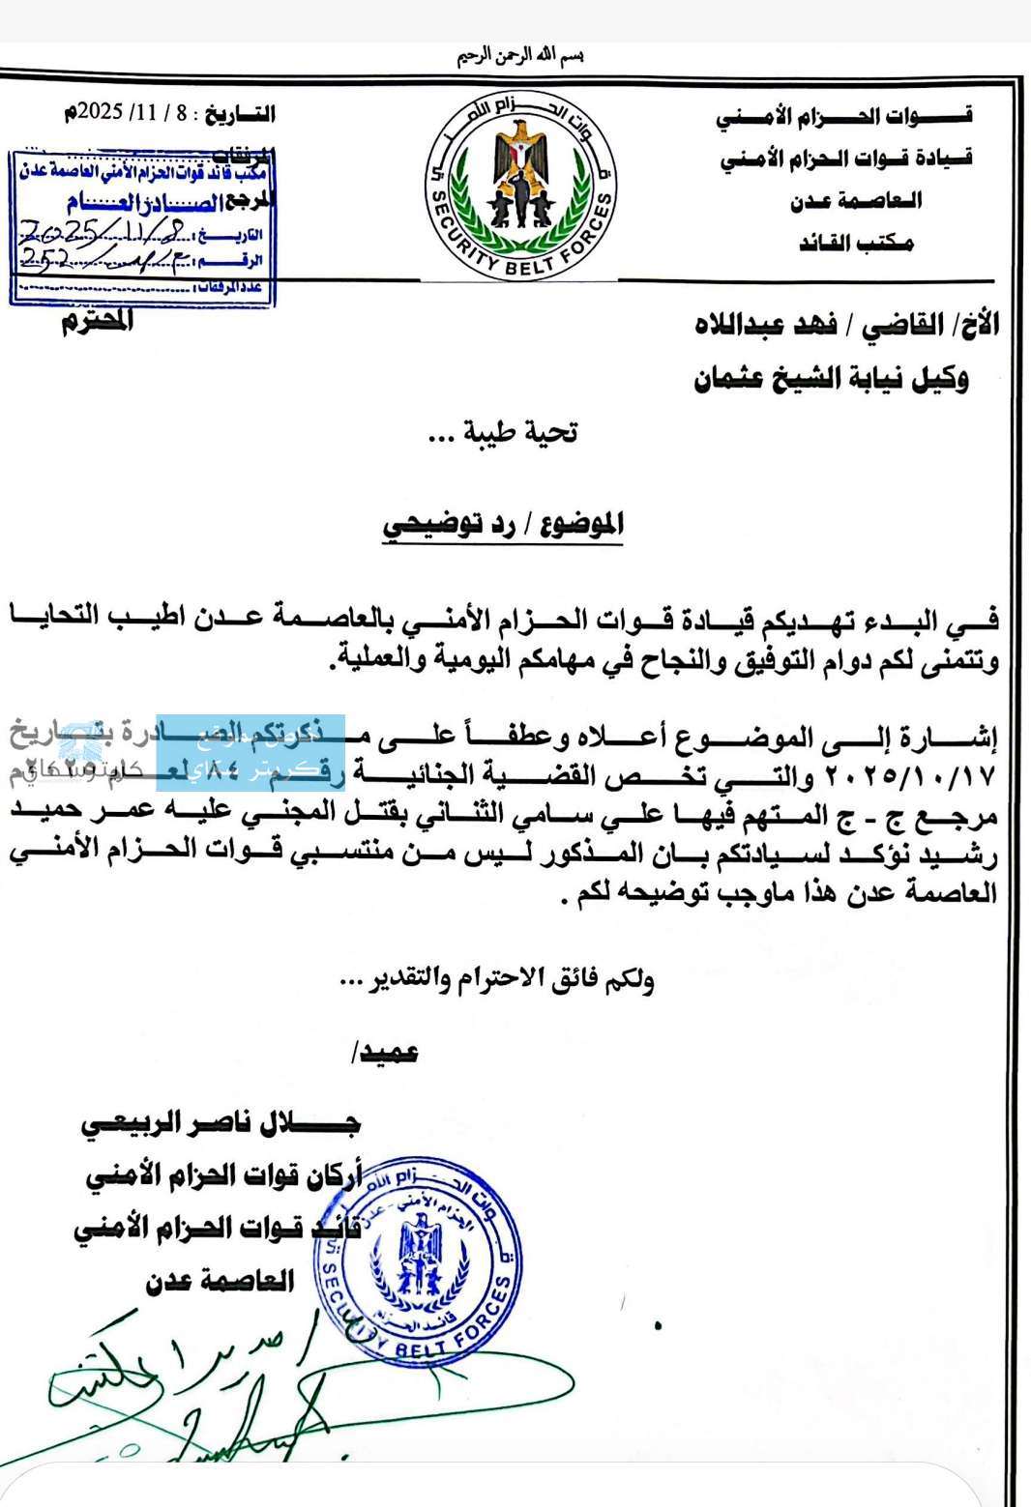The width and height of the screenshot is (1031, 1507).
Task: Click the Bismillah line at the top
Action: (520, 56)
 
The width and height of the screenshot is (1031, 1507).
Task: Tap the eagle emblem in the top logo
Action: (521, 155)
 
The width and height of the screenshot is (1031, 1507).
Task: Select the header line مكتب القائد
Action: (856, 243)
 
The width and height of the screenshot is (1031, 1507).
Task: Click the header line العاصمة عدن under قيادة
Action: (856, 201)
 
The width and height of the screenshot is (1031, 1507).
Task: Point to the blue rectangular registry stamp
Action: (142, 228)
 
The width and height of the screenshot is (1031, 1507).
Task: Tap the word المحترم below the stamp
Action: (98, 320)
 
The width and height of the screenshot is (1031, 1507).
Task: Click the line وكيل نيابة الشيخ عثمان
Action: (831, 378)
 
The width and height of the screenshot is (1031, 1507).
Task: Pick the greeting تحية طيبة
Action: (503, 432)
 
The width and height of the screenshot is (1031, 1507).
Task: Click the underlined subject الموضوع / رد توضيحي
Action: (503, 525)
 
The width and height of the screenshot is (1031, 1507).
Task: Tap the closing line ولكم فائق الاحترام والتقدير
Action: (497, 980)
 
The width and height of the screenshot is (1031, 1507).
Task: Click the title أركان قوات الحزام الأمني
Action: (224, 1175)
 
